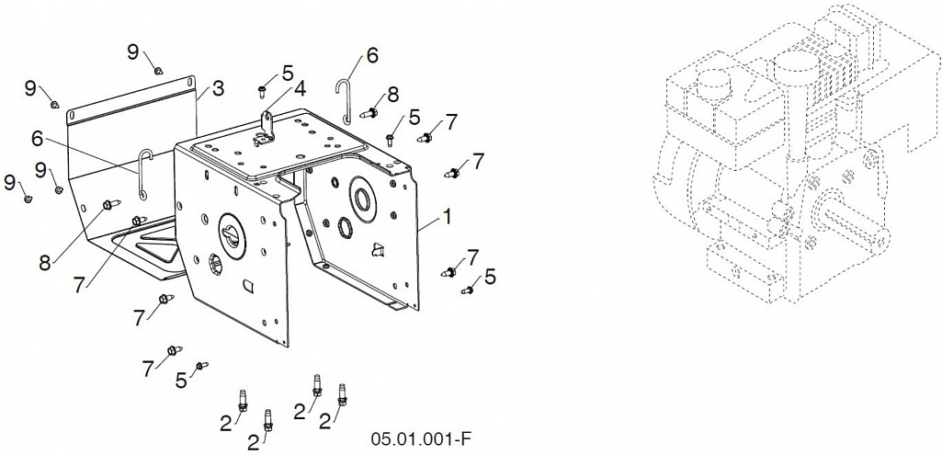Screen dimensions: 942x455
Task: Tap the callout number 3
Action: [218, 89]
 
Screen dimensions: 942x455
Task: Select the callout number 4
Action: [299, 89]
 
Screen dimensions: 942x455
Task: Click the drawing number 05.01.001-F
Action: [421, 438]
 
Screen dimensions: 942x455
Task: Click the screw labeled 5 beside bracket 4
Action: [263, 90]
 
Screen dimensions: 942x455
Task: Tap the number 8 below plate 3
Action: [45, 263]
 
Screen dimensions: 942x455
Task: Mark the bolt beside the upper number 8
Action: [369, 112]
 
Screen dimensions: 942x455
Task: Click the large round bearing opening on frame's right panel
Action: [361, 196]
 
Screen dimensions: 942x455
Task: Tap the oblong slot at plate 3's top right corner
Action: [190, 80]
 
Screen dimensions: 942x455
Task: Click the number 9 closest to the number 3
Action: [133, 51]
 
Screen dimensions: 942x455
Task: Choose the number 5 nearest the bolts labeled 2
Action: [181, 380]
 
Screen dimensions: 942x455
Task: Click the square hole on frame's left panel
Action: [247, 286]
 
